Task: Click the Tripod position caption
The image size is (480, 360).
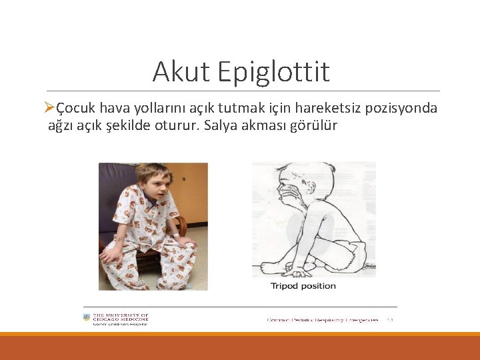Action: [x=303, y=286]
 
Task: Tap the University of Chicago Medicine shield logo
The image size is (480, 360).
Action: [x=86, y=318]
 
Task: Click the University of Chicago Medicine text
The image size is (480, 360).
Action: [x=120, y=317]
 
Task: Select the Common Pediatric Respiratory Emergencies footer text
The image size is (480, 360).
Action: [x=323, y=320]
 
